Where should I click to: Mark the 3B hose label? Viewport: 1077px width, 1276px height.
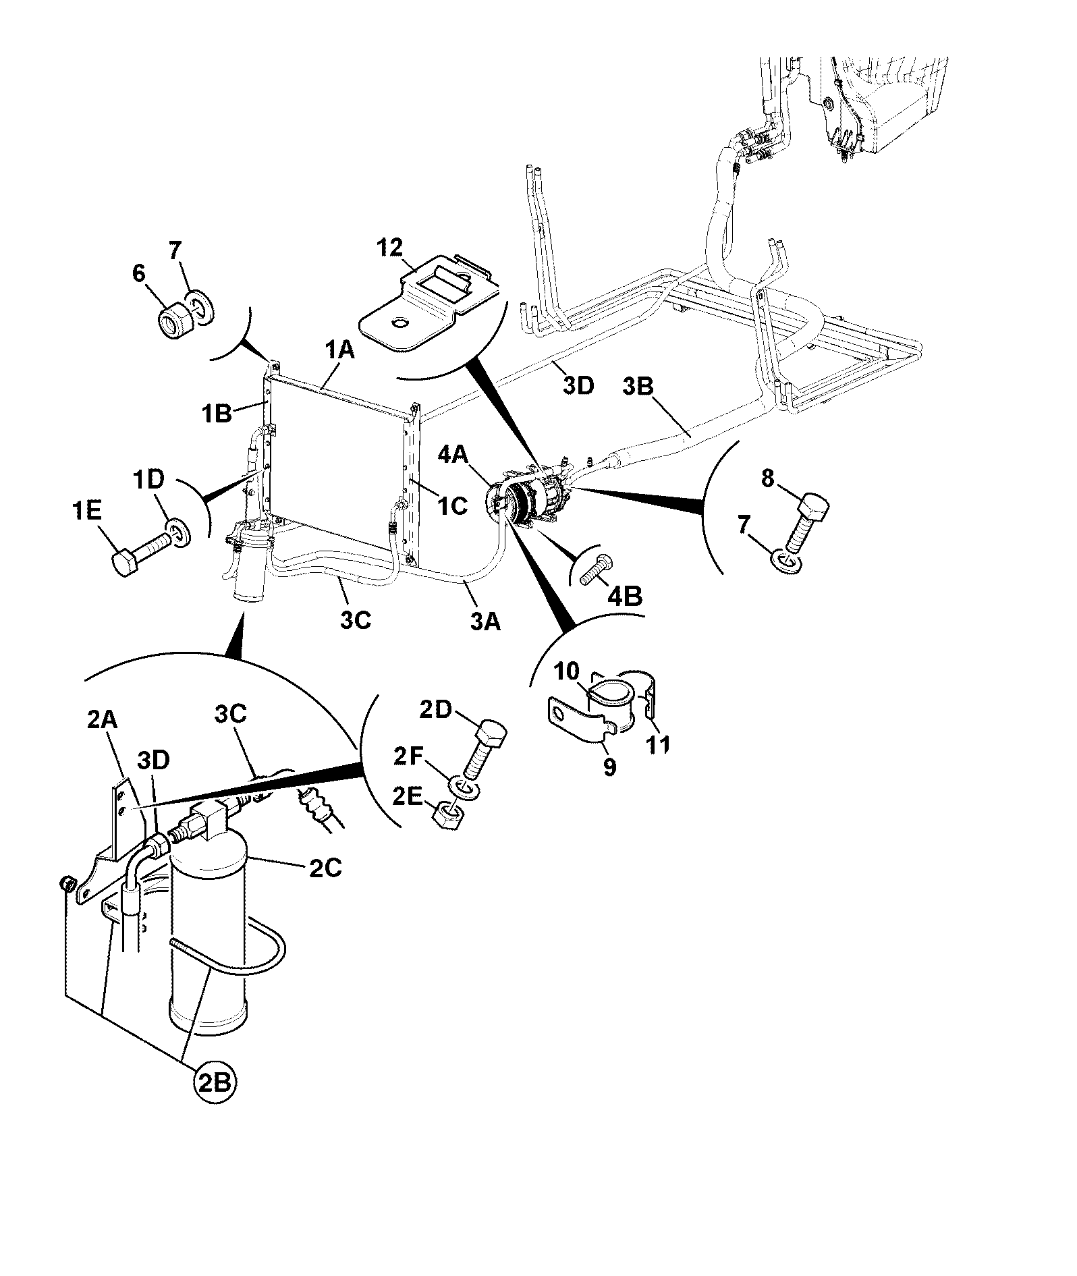click(638, 387)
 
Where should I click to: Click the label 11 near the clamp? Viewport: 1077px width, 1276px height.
click(659, 744)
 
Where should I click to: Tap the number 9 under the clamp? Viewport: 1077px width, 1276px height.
click(610, 767)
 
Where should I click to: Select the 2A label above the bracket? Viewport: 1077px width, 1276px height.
click(103, 721)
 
